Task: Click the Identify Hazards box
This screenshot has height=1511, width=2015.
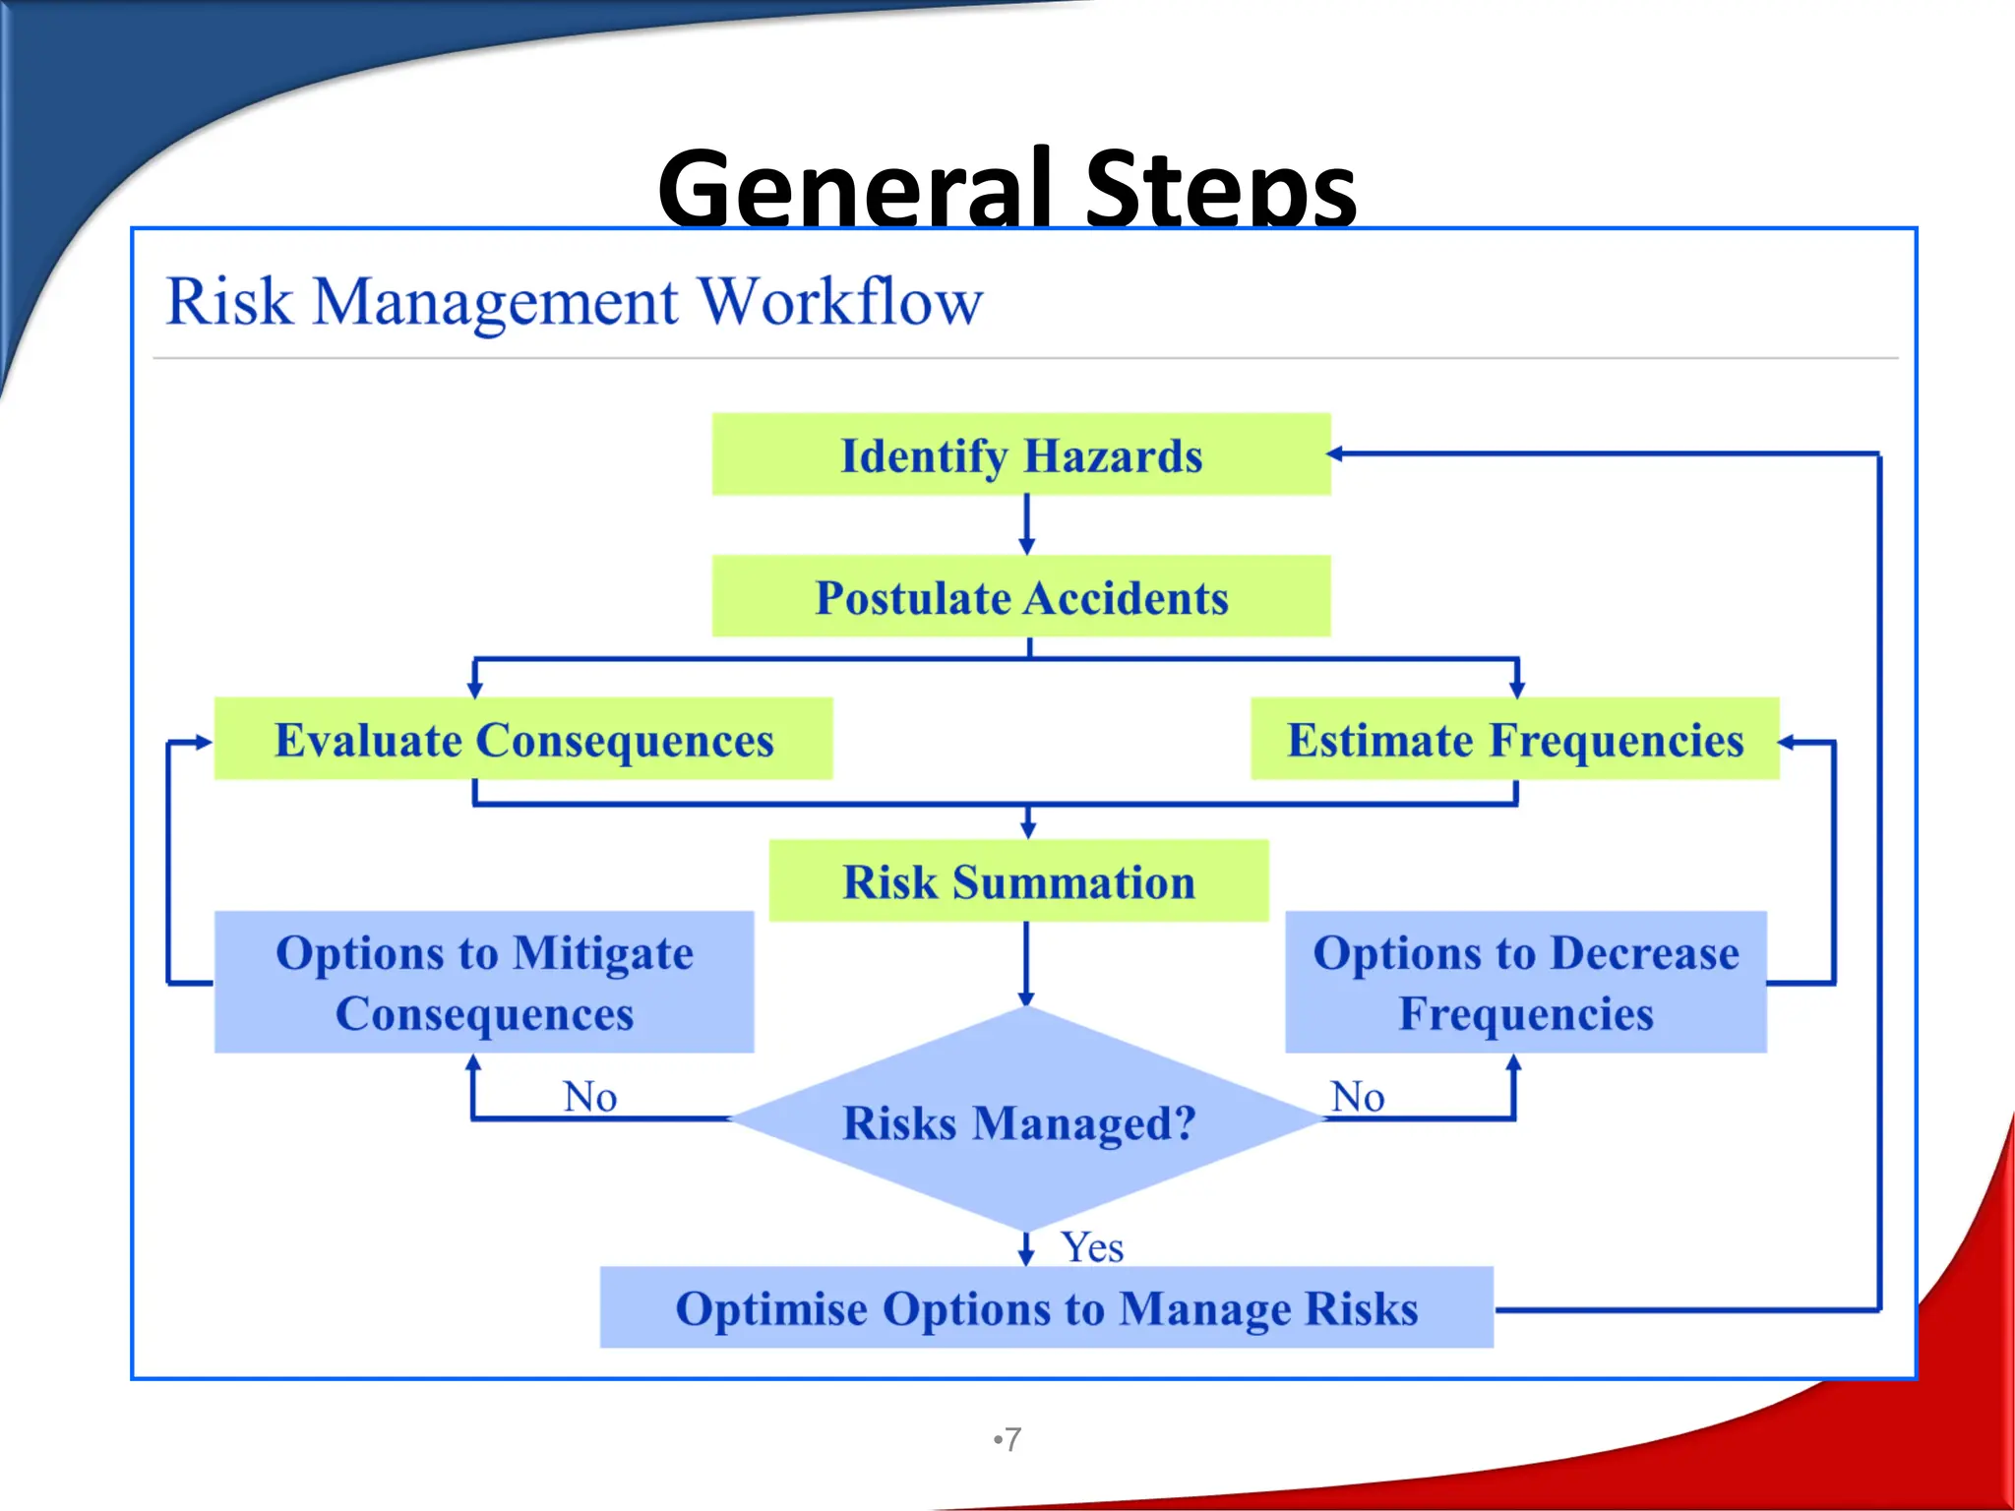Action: [x=1021, y=454]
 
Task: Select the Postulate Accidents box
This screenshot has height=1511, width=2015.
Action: [x=1021, y=596]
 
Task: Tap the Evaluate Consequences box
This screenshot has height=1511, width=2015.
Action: [x=523, y=739]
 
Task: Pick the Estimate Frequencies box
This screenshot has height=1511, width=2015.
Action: [x=1515, y=739]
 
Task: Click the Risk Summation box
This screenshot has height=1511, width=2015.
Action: [x=1018, y=880]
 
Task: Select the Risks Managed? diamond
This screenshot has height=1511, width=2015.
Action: [x=1020, y=1121]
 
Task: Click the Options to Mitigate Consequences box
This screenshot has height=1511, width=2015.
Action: [x=484, y=982]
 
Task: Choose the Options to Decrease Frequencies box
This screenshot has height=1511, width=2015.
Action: [x=1526, y=982]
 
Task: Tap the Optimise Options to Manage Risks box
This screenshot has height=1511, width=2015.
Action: [x=1047, y=1307]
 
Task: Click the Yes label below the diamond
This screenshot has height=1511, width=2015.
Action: [x=1092, y=1247]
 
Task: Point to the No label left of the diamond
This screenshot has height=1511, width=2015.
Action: [x=590, y=1096]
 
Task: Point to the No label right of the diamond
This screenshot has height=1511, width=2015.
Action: [x=1358, y=1096]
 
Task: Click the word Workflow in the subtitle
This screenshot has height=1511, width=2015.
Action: [x=840, y=301]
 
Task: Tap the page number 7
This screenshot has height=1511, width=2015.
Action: [x=1012, y=1439]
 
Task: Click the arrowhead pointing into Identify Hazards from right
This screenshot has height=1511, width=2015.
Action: [x=1336, y=453]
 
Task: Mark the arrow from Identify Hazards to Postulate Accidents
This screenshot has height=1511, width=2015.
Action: [x=1027, y=525]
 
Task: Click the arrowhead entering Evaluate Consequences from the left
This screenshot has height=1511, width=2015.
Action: [x=204, y=743]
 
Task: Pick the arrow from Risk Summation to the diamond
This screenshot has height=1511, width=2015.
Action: [x=1026, y=964]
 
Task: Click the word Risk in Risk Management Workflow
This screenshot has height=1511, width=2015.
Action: [x=229, y=301]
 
